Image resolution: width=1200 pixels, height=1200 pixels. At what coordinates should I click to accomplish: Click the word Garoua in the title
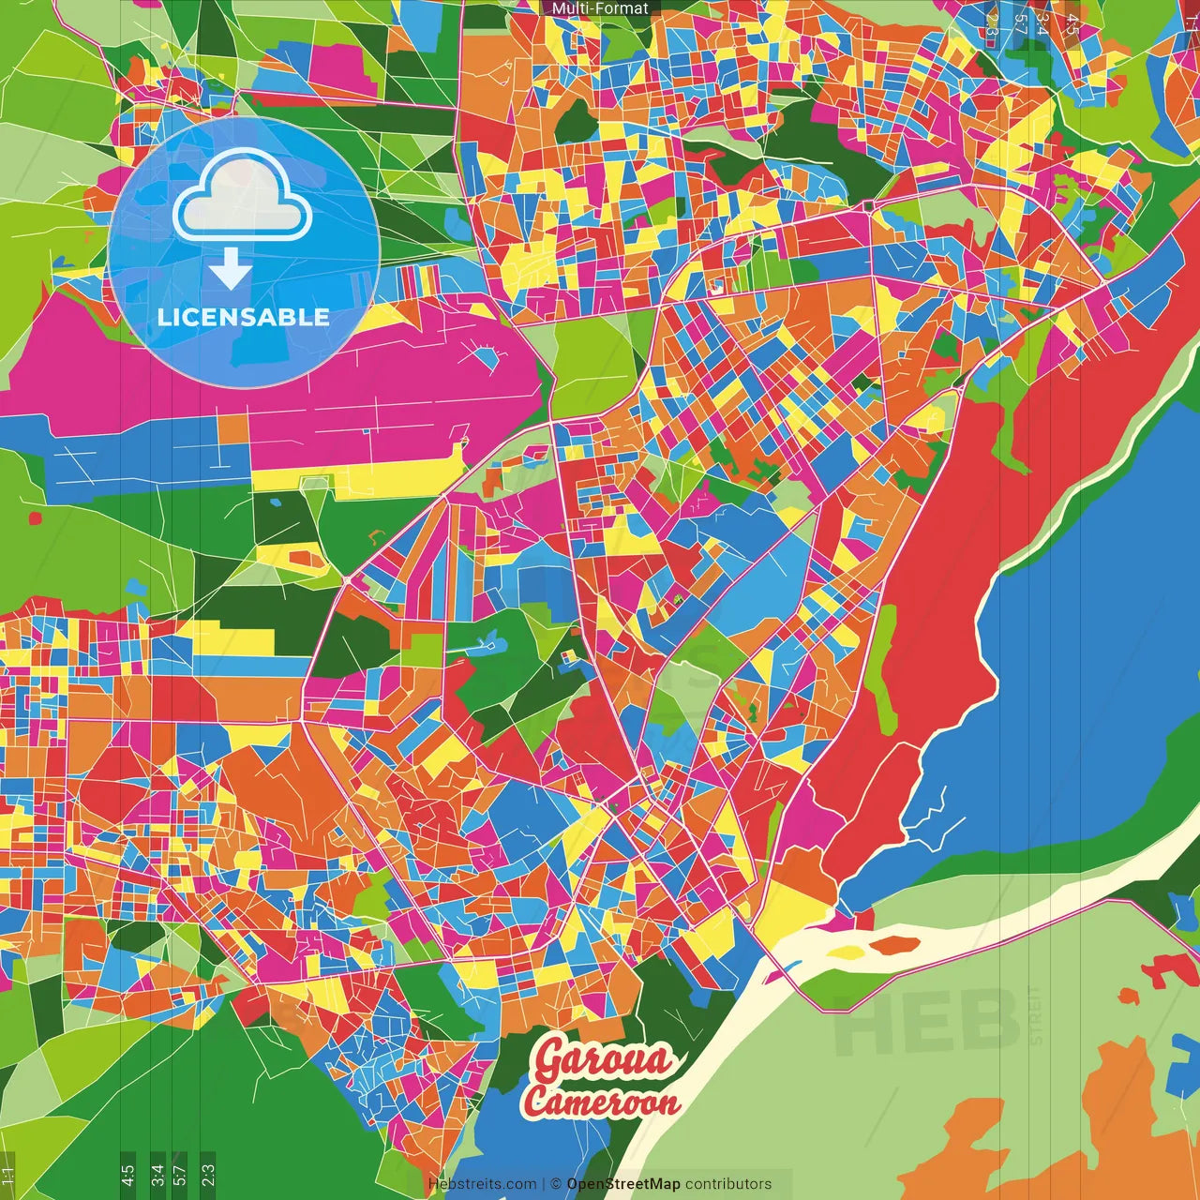coord(604,1060)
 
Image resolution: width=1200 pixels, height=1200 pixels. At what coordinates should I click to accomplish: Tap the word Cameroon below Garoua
coord(602,1102)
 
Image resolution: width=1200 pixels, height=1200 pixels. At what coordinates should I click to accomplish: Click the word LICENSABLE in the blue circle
coord(244,317)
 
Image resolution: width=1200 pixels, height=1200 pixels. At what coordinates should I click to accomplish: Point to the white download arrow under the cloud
coord(230,269)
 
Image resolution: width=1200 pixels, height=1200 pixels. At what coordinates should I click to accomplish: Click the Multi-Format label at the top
coord(600,8)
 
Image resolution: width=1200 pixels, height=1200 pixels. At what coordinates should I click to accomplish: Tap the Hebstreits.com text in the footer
coord(482,1184)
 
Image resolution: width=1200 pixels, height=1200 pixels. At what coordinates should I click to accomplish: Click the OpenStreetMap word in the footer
coord(623,1184)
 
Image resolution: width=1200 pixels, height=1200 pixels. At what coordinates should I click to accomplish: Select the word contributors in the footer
coord(728,1184)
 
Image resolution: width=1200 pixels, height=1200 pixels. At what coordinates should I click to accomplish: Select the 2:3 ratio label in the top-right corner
coord(992,24)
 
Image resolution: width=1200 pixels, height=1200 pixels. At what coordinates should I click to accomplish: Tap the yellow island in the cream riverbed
coord(847,952)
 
